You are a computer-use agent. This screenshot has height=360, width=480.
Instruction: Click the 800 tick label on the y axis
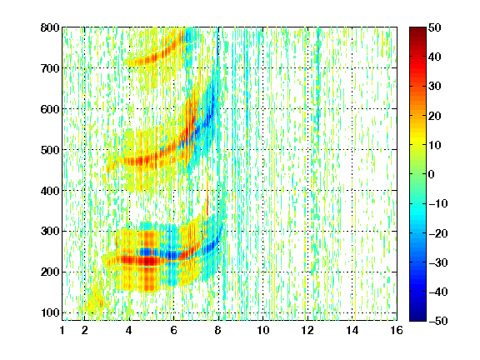point(50,27)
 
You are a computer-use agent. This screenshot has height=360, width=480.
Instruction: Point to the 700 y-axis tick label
point(50,68)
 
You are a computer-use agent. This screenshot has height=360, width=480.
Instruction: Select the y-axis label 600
point(50,109)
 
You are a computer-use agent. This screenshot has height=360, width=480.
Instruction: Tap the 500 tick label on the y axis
point(50,150)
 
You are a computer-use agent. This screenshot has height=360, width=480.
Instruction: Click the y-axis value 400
point(50,191)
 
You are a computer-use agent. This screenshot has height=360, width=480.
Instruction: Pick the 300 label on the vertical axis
point(50,231)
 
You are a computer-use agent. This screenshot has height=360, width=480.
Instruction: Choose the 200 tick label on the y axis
point(50,272)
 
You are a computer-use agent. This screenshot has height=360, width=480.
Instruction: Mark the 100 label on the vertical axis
point(50,312)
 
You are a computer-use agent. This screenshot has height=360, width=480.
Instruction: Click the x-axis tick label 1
point(62,330)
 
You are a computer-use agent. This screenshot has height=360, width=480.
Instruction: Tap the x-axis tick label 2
point(85,330)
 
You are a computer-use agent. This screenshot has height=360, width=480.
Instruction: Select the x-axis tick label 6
point(174,330)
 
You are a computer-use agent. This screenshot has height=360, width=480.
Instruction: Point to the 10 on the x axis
point(263,330)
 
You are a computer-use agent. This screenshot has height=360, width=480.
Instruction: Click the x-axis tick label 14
point(352,330)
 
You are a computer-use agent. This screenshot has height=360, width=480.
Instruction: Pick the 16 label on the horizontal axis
point(397,330)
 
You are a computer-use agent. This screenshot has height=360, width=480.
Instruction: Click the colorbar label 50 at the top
point(434,27)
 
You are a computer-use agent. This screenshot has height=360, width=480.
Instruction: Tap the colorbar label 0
point(431,174)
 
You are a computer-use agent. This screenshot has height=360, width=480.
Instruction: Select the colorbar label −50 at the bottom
point(438,321)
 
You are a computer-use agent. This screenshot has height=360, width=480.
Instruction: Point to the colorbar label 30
point(434,86)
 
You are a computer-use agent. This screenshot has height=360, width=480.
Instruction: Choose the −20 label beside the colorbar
point(438,233)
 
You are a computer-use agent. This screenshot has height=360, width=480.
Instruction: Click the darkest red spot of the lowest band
point(147,261)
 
